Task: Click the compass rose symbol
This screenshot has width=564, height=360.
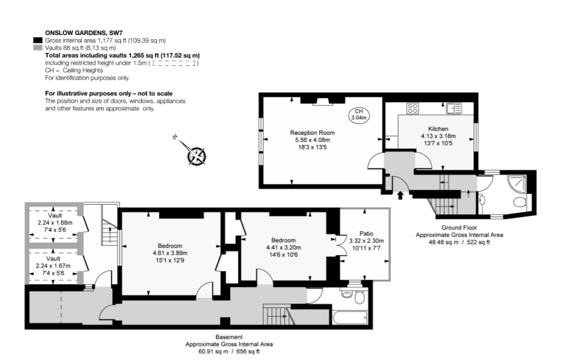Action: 196,156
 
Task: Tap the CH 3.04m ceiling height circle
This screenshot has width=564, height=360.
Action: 359,114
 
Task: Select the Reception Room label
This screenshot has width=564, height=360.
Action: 312,133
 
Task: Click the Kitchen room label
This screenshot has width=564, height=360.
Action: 438,129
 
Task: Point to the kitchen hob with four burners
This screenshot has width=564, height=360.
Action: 413,109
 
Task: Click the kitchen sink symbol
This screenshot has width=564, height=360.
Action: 454,108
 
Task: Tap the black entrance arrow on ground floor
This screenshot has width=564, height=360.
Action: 400,196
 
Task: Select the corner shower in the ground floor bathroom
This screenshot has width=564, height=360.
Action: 517,184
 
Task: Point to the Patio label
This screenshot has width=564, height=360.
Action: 366,234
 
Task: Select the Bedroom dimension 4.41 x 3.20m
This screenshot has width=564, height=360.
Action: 283,247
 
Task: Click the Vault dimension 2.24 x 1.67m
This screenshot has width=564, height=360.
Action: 53,266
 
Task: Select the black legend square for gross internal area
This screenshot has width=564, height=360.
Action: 38,40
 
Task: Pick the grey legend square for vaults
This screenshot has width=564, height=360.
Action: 38,48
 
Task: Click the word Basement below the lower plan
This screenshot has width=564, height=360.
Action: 229,337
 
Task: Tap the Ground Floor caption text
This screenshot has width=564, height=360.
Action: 459,228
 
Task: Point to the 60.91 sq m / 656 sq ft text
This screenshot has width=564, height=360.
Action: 229,352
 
